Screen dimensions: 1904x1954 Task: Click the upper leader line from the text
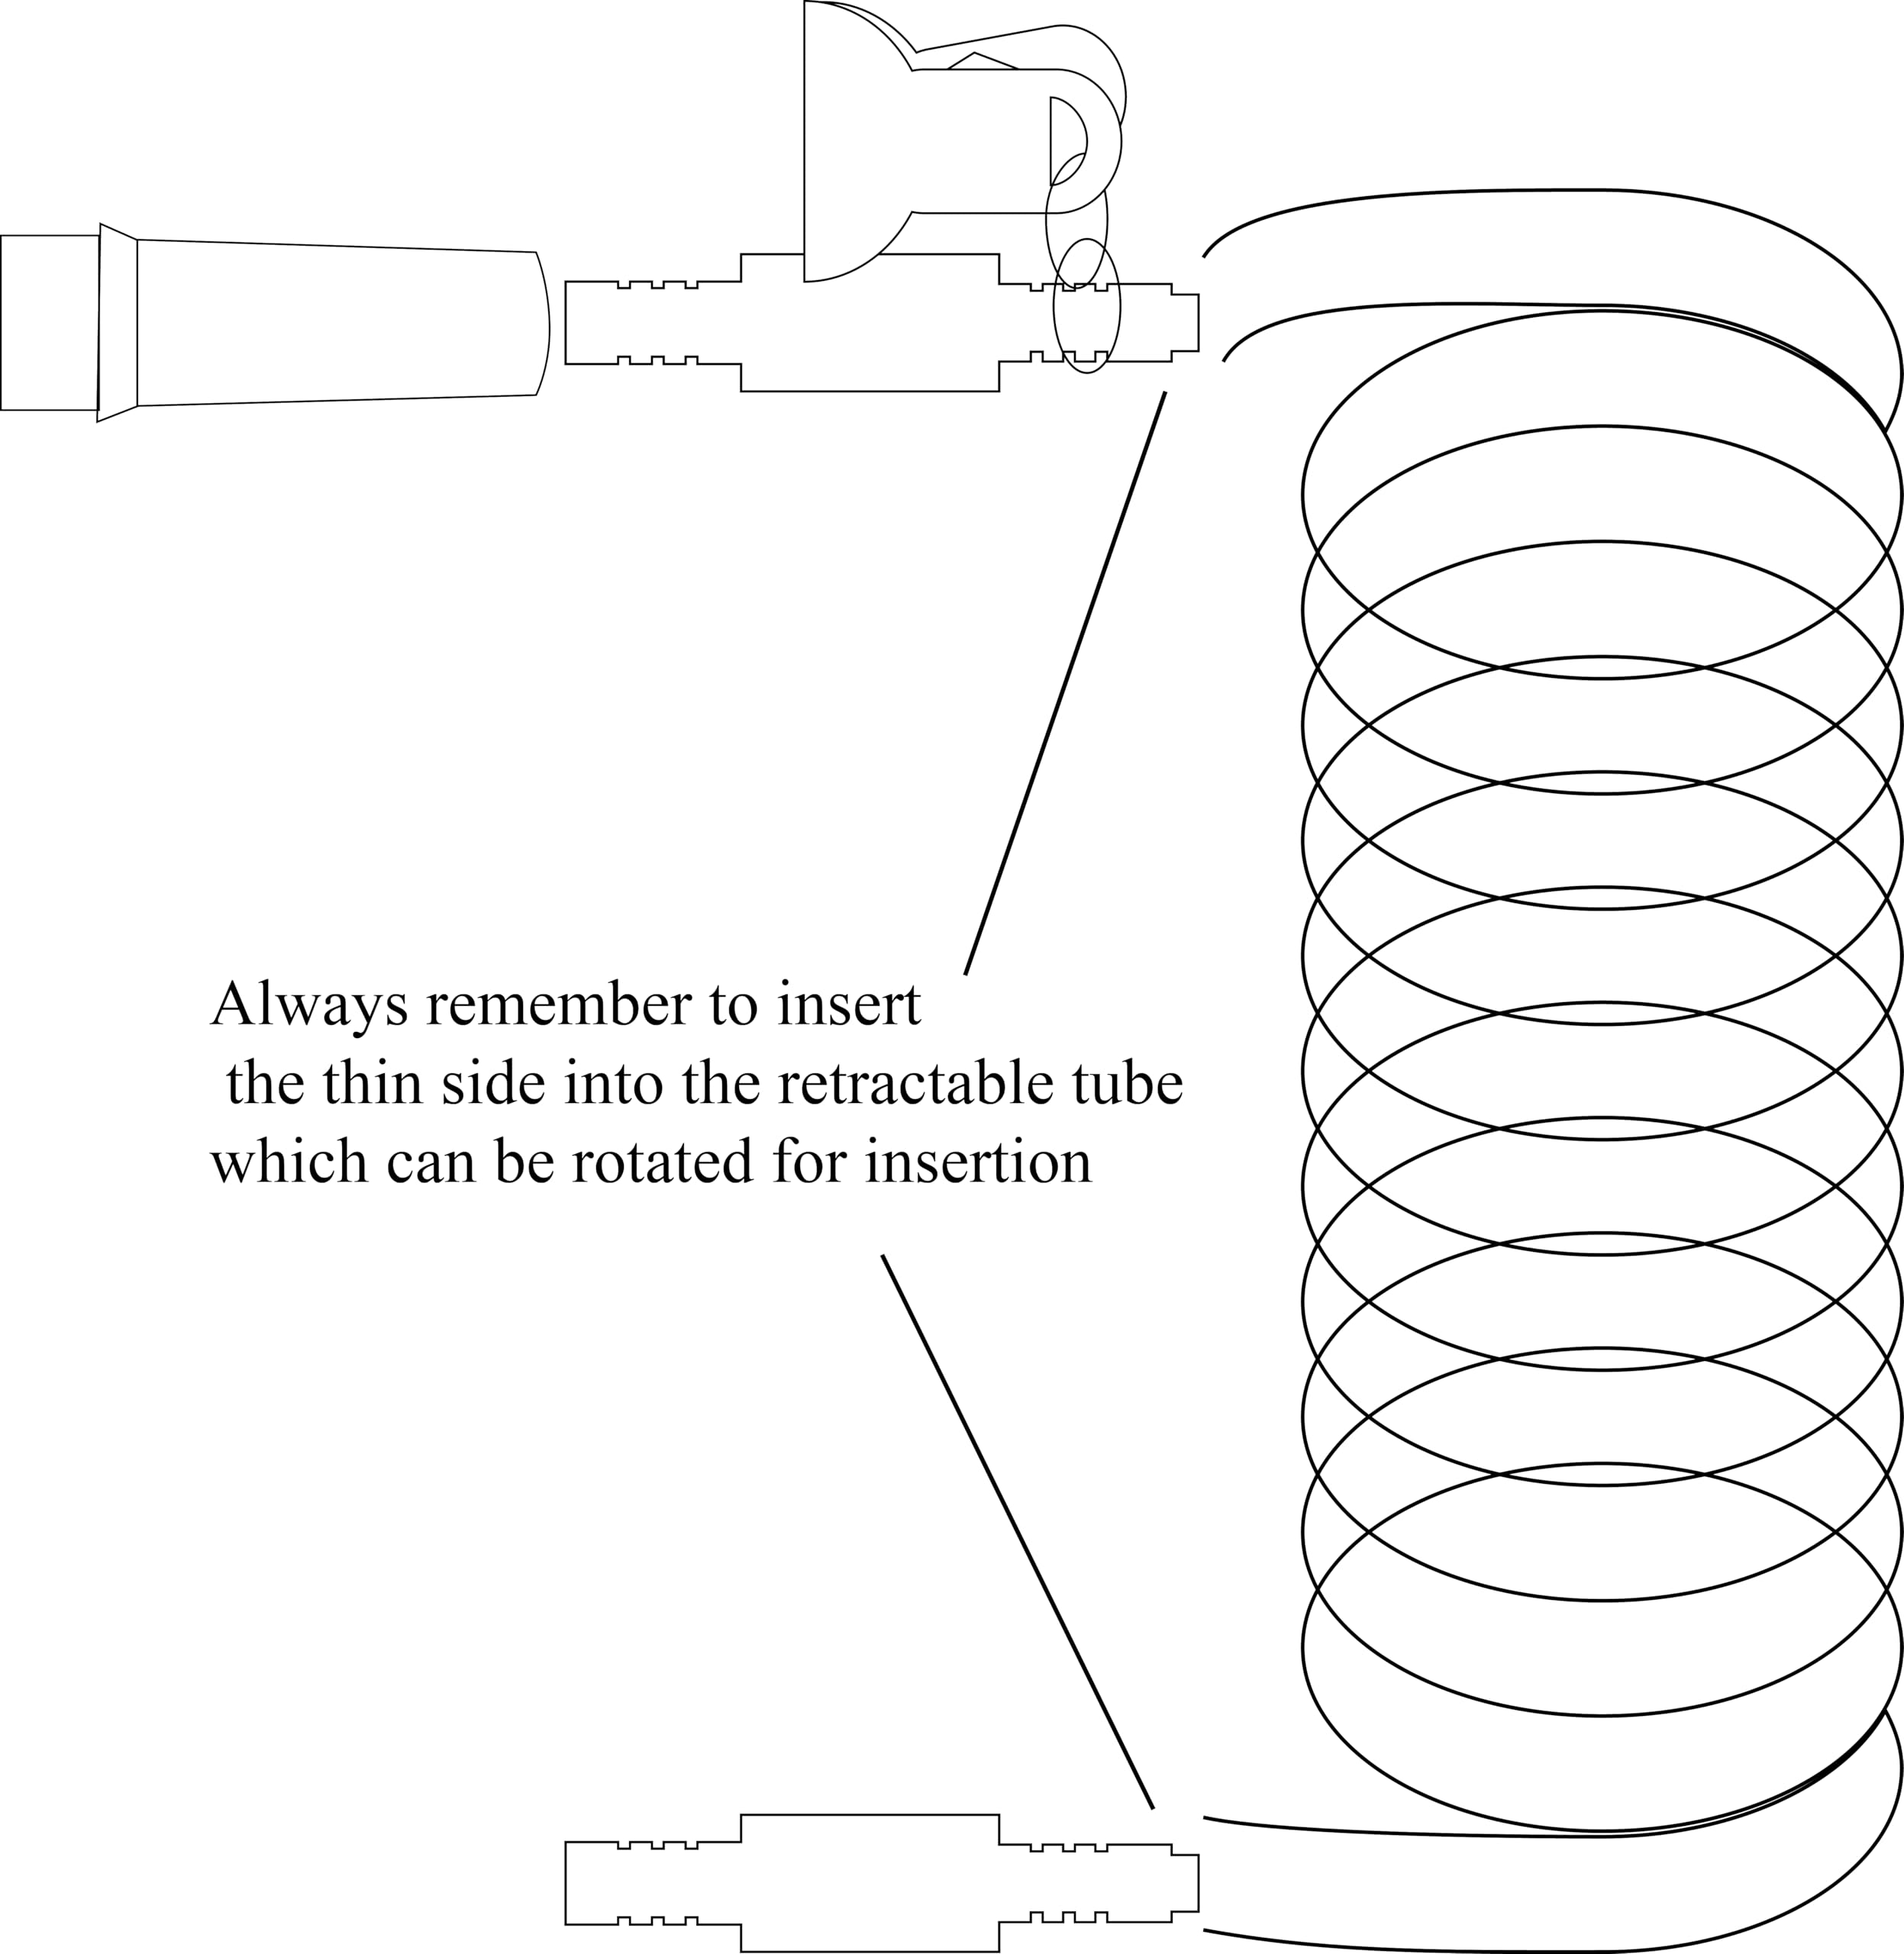[1065, 683]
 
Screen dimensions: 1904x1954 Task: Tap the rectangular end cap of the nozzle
[50, 323]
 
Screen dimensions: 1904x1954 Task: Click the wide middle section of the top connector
[870, 323]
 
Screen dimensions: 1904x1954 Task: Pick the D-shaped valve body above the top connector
[858, 141]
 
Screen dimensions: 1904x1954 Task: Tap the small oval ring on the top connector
[1087, 306]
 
